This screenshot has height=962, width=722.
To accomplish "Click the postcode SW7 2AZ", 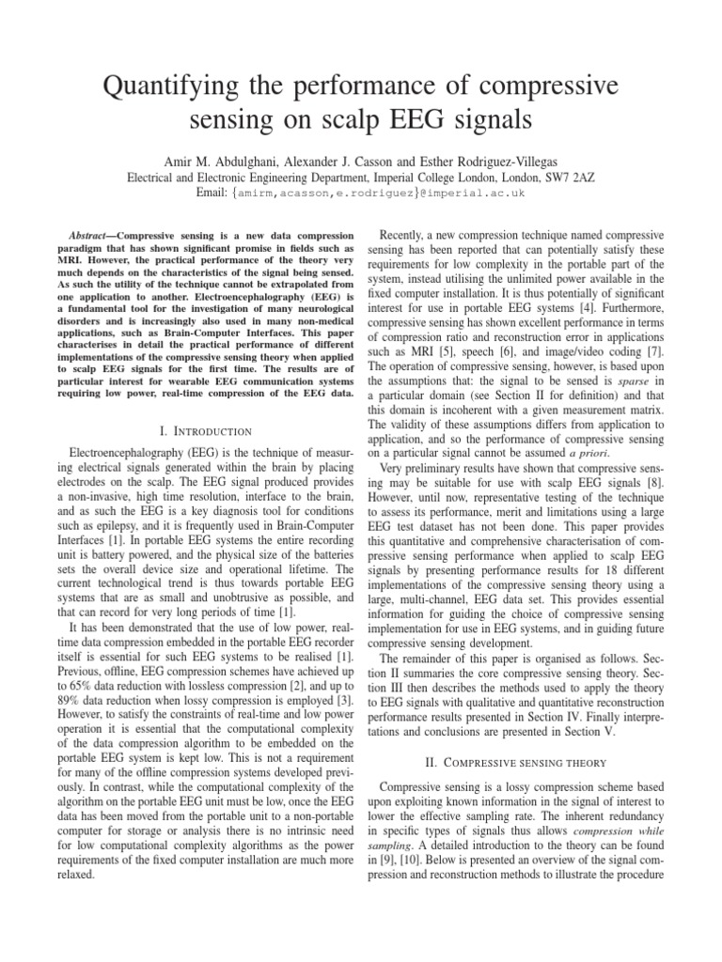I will [572, 175].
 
